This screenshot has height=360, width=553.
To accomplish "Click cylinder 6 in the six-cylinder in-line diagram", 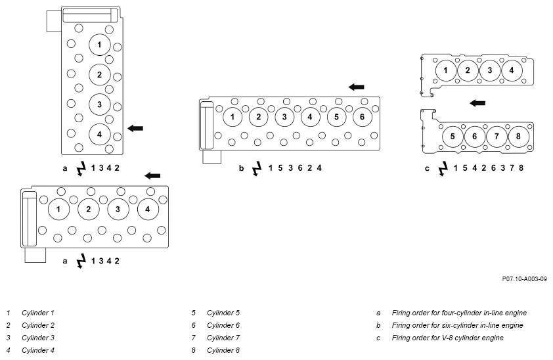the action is point(362,117).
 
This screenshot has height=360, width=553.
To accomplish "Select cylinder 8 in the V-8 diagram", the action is point(518,136).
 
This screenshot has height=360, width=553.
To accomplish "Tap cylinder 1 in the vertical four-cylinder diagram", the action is point(99,45).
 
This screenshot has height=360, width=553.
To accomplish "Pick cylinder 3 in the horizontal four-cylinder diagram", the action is point(118,209).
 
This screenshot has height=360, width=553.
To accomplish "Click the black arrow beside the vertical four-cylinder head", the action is point(135,128).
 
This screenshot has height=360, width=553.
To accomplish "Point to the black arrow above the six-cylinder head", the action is point(356,87).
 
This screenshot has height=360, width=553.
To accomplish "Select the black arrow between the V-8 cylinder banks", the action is point(477,103).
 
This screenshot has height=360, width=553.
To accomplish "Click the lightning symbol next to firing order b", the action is point(257,169).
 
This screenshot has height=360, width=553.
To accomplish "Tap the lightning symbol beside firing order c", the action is point(443,169).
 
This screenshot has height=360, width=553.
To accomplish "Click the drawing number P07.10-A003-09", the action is point(525,279).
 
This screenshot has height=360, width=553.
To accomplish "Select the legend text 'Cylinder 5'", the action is point(223,313).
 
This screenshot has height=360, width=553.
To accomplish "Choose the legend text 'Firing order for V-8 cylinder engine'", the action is point(447,338).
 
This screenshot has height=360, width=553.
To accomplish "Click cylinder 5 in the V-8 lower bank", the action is point(453,136).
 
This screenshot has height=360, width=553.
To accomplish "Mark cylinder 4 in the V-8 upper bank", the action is point(512,70).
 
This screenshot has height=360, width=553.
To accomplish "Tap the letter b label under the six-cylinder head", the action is point(241,168).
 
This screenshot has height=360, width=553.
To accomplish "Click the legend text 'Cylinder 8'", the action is point(223,350).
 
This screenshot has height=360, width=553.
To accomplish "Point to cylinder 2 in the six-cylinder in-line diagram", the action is point(259,117).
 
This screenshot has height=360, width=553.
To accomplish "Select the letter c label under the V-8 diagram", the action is point(427,169).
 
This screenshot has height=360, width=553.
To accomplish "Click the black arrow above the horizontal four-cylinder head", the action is point(152,175).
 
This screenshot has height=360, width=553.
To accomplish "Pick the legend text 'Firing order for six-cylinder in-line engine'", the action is point(457,325).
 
